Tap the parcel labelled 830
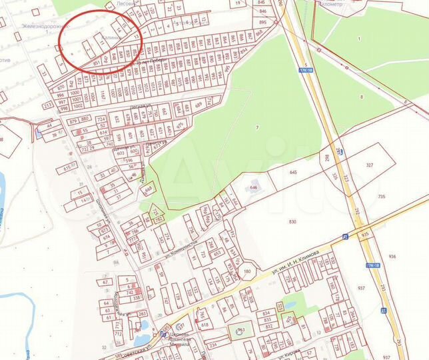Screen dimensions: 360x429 coord(292,222)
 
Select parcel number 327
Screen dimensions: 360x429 coord(371,165)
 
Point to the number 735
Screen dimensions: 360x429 coord(382,197)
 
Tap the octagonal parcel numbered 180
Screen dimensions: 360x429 coord(247,272)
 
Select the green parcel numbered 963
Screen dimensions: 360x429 coord(241,329)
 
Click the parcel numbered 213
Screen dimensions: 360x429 coord(48,105)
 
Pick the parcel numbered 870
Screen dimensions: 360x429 coord(61,87)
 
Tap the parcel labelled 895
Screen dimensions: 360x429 coord(262,23)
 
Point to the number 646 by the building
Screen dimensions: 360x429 coord(253,189)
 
